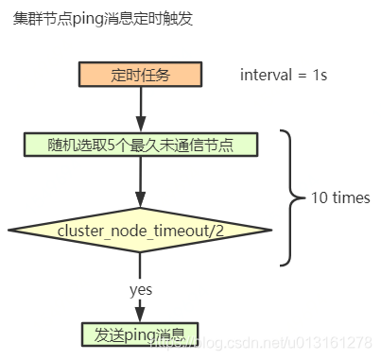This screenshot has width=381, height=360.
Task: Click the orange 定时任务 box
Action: [x=140, y=76]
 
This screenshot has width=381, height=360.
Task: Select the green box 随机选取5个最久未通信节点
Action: [x=140, y=145]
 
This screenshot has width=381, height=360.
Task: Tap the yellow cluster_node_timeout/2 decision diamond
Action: [x=140, y=231]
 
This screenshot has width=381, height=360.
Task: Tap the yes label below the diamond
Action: [x=141, y=290]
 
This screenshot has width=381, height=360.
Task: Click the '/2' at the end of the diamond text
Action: [x=217, y=231]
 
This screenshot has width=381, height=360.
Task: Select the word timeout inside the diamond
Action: [x=181, y=231]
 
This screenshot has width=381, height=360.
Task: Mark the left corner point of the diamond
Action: [x=10, y=231]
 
